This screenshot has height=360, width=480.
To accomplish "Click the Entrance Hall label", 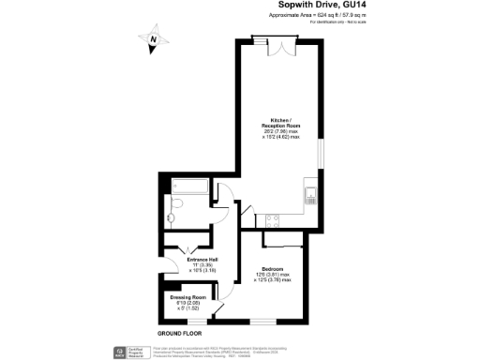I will point(202,260).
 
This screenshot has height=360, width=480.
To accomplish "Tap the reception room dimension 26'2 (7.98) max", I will point(279,132).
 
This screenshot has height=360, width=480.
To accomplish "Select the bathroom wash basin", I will point(169,224).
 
